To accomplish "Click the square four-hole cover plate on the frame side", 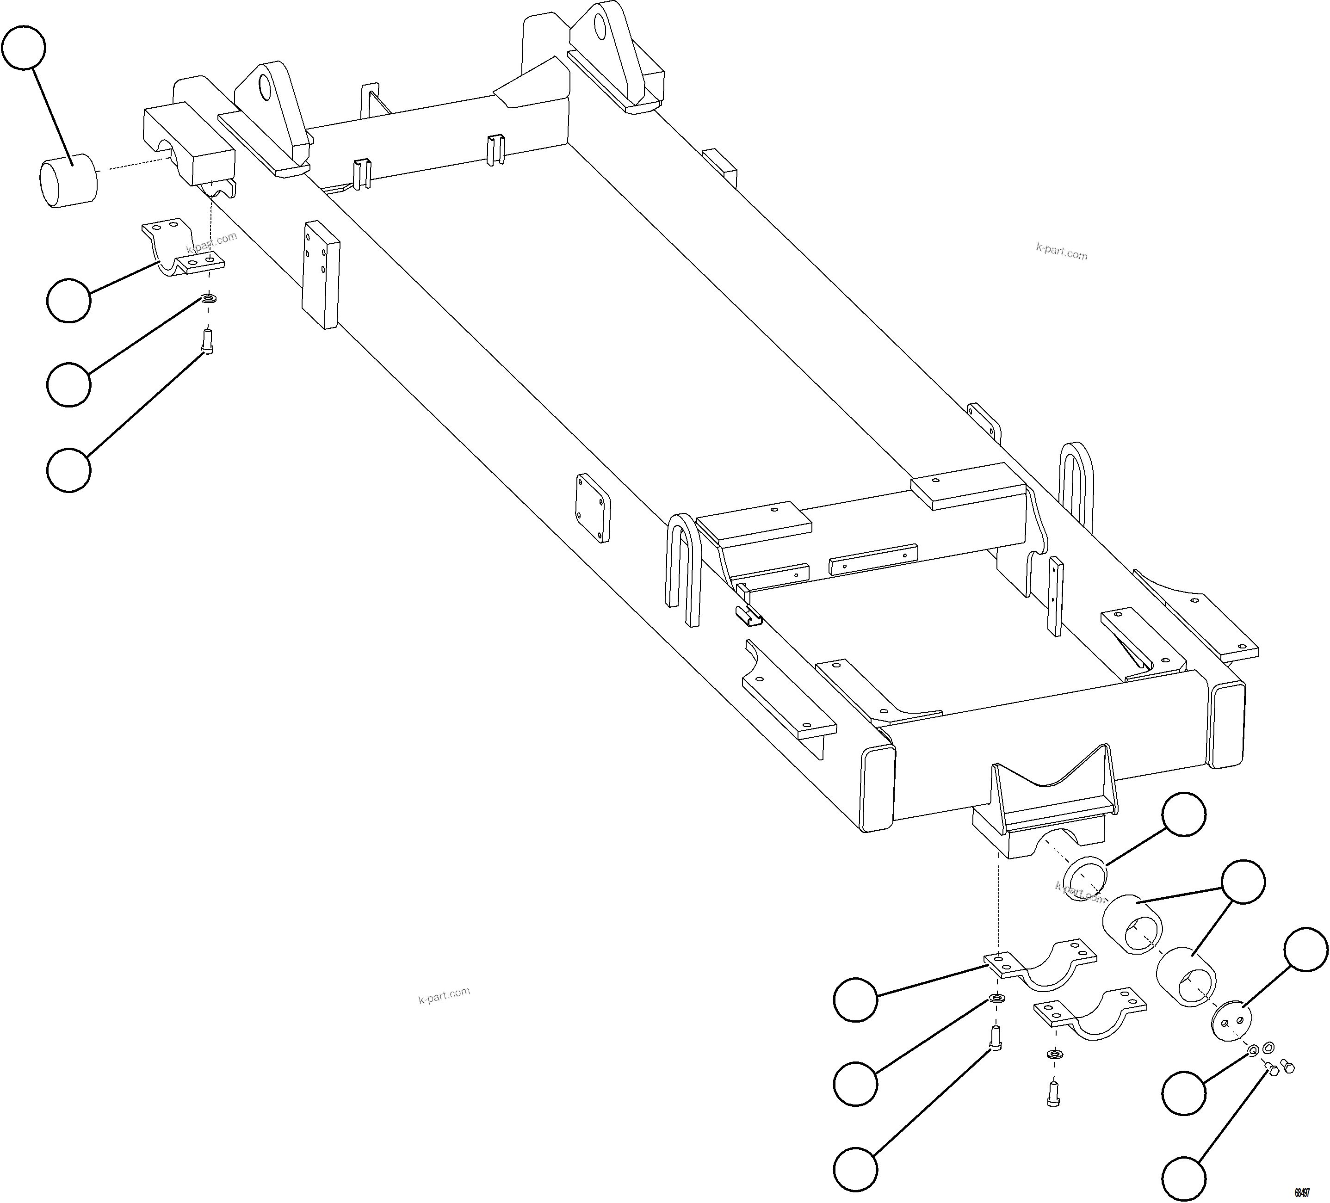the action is pos(593,508).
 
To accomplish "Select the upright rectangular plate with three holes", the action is pos(321,274).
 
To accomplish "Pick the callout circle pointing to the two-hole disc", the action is pos(1305,949).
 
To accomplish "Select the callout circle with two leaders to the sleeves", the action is pos(1243,881).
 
